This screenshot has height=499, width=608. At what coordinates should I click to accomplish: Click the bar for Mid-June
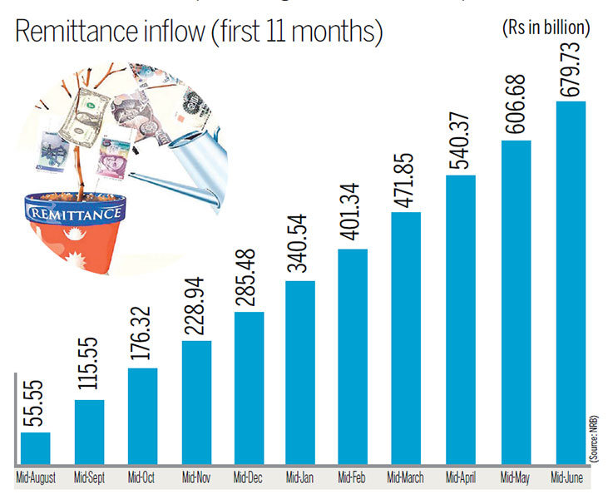click(570, 283)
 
